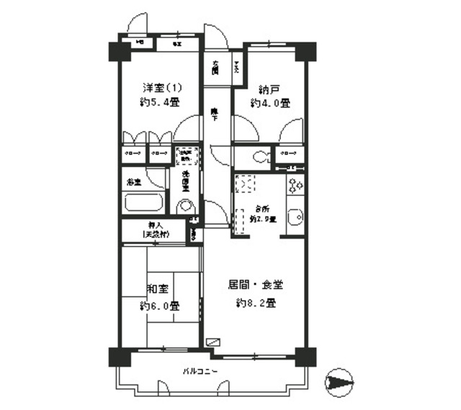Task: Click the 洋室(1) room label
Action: click(x=162, y=88)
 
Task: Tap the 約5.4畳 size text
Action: click(x=161, y=102)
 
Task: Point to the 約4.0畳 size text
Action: click(x=270, y=104)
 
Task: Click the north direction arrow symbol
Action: click(x=341, y=381)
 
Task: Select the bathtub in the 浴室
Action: click(x=144, y=201)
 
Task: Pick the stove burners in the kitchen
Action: click(x=295, y=187)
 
